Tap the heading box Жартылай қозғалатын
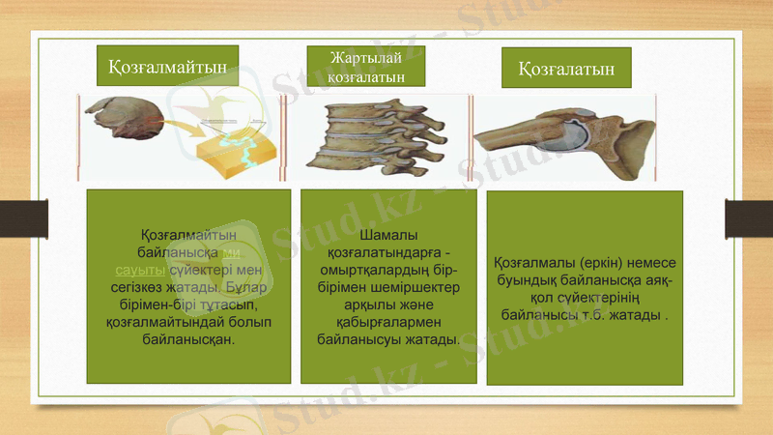point(366,66)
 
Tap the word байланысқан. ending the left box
point(188,339)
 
